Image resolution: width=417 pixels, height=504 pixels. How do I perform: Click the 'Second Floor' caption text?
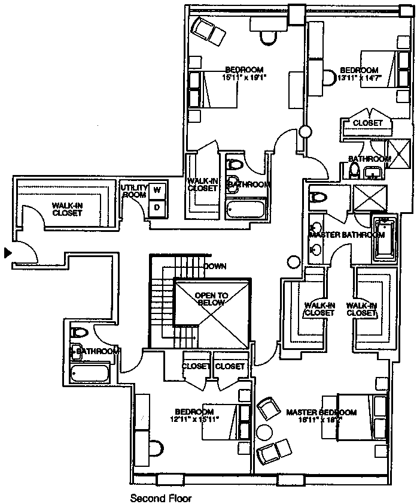tap(160, 497)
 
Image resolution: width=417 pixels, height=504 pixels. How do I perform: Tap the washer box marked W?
tap(157, 190)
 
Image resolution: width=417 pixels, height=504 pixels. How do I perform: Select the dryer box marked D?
tap(157, 207)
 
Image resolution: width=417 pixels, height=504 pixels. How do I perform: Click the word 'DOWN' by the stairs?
tap(214, 266)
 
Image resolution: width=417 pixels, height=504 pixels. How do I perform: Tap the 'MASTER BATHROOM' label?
tap(346, 235)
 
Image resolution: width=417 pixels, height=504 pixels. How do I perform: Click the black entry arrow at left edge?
tap(7, 253)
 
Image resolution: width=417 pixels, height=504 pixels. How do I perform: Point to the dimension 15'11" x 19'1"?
tap(243, 77)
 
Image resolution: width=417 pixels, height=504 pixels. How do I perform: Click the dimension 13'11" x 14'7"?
tap(359, 77)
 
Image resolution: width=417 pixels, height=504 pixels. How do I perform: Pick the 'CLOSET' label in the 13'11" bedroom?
tap(367, 123)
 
